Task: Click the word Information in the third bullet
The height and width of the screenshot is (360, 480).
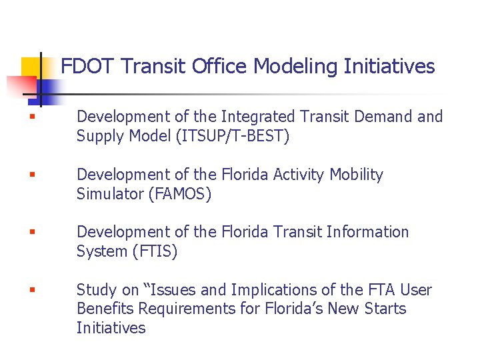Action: pyautogui.click(x=368, y=232)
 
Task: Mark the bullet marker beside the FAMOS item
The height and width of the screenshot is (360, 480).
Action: pyautogui.click(x=31, y=175)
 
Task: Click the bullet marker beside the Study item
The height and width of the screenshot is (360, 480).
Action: pyautogui.click(x=31, y=291)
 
